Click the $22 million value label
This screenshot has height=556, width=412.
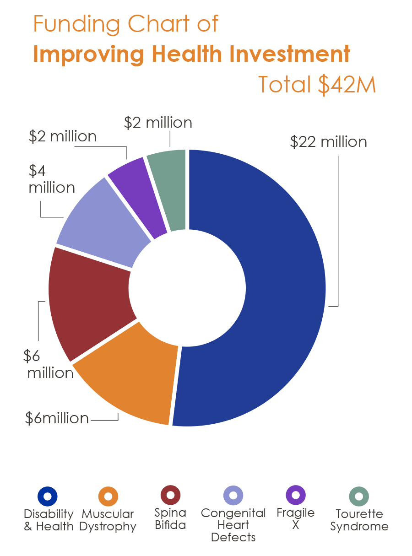328,142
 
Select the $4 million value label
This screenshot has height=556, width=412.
51,179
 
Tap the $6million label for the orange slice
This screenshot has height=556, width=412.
57,418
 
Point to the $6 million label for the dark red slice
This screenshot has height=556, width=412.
50,364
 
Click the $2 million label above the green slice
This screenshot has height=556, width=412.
158,123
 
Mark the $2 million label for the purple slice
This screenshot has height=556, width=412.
63,136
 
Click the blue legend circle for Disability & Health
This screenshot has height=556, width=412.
47,496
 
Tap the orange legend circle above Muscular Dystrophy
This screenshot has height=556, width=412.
108,496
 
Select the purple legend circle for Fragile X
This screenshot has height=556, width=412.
295,495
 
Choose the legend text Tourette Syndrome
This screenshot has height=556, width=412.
359,520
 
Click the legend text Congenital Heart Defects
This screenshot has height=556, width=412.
233,525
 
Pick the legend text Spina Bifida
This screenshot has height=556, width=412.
170,518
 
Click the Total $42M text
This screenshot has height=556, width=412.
317,85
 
